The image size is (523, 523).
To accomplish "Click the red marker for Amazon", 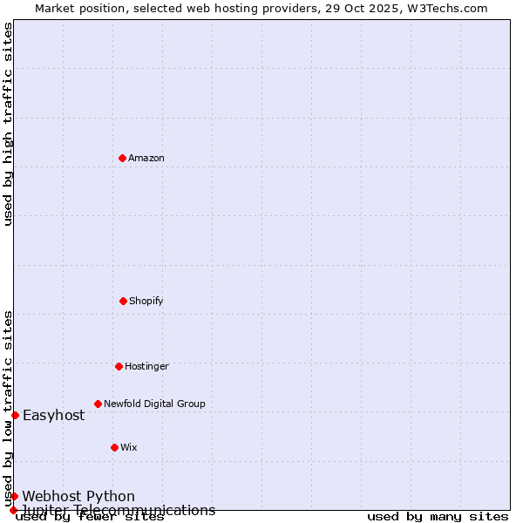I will tap(123, 158).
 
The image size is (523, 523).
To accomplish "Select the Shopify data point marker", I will tap(123, 301).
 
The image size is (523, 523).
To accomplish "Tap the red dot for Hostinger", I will tap(119, 366).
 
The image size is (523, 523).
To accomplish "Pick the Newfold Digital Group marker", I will tap(98, 404).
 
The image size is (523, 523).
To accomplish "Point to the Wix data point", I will tap(114, 447).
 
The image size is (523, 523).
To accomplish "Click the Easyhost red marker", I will tap(15, 415).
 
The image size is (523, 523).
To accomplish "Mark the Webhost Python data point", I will tap(15, 496).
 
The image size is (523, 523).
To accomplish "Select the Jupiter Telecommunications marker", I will tap(14, 510).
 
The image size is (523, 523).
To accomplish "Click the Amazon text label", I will tap(146, 158).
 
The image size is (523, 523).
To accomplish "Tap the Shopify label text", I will tap(146, 301).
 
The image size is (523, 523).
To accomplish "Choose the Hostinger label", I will tap(146, 366).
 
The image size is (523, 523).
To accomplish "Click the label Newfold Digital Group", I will tap(154, 404).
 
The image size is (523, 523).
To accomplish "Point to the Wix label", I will tap(129, 447).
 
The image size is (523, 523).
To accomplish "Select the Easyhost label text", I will tap(54, 415).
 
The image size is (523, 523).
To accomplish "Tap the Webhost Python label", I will tap(78, 497).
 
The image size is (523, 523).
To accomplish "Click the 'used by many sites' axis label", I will tap(438, 517).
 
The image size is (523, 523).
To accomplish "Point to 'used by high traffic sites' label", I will tap(8, 124).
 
